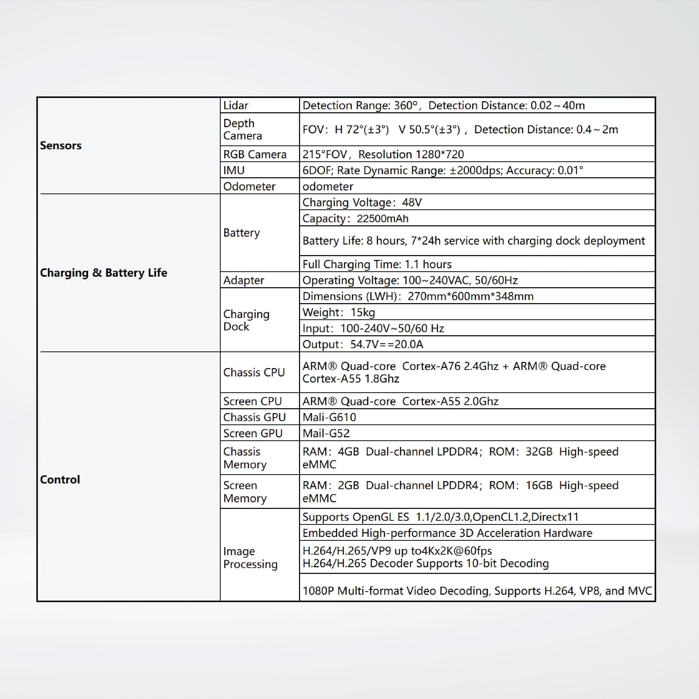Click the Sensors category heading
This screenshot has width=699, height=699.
[61, 145]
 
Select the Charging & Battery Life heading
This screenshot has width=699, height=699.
[104, 273]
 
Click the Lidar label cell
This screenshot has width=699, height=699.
[236, 105]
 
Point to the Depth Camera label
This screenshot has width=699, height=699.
[243, 129]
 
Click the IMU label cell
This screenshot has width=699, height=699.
[234, 170]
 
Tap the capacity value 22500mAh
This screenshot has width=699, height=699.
[383, 219]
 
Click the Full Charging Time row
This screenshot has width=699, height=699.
[377, 265]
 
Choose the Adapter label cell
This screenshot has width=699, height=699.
[244, 280]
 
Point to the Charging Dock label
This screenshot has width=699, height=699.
[246, 320]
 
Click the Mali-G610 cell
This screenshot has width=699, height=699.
[329, 417]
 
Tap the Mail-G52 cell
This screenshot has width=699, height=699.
[326, 433]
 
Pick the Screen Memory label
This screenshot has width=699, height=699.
[245, 492]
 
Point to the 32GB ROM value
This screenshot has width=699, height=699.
[539, 452]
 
